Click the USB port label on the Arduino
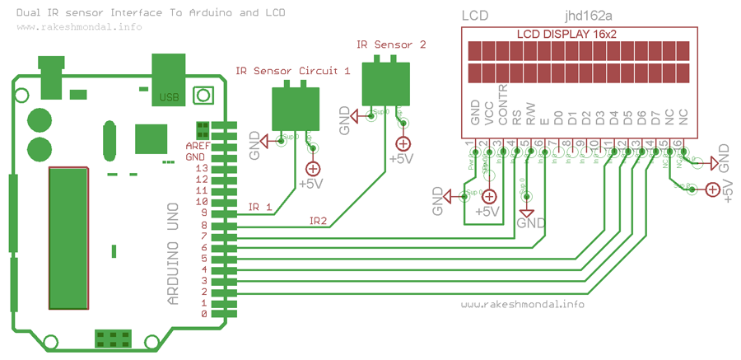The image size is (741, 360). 170,97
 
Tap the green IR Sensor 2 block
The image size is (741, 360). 384,82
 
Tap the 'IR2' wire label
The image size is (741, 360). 319,221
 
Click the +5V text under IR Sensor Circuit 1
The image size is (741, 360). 310,184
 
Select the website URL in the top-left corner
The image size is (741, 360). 78,26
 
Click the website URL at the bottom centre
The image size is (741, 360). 523,304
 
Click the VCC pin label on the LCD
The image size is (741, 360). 489,114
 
